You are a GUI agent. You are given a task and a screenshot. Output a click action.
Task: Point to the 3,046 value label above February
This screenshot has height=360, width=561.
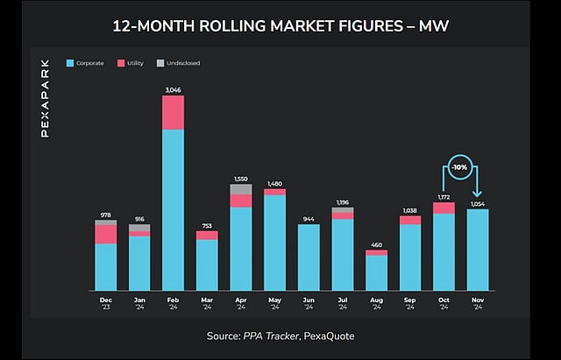tap(173, 89)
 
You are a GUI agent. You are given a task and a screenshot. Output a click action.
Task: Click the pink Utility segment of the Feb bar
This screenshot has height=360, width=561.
tap(173, 112)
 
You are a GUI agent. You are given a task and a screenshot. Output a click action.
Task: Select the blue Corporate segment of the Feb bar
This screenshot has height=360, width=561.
tap(173, 210)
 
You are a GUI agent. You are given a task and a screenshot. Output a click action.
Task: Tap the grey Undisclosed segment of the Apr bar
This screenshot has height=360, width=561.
tap(241, 189)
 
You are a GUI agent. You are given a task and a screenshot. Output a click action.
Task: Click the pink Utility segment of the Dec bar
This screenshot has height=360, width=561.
tap(106, 234)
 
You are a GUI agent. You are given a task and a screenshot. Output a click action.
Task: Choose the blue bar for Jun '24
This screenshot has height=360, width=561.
tap(309, 258)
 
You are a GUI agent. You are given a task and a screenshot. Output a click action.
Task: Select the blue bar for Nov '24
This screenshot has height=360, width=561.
tap(478, 250)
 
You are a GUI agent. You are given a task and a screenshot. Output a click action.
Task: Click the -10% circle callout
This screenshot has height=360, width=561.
tap(460, 166)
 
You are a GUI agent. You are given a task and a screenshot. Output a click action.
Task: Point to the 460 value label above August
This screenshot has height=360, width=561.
tap(376, 244)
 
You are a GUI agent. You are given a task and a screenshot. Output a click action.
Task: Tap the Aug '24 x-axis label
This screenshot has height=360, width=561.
tap(376, 302)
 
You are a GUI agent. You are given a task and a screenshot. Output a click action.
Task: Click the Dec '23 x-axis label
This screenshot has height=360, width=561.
tap(106, 302)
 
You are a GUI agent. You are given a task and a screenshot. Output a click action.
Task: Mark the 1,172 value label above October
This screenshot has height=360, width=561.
tap(444, 198)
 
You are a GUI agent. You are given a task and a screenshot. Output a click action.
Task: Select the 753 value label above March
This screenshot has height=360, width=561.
tap(207, 226)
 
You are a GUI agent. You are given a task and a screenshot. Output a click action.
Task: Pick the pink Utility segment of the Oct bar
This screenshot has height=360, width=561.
tap(444, 208)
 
